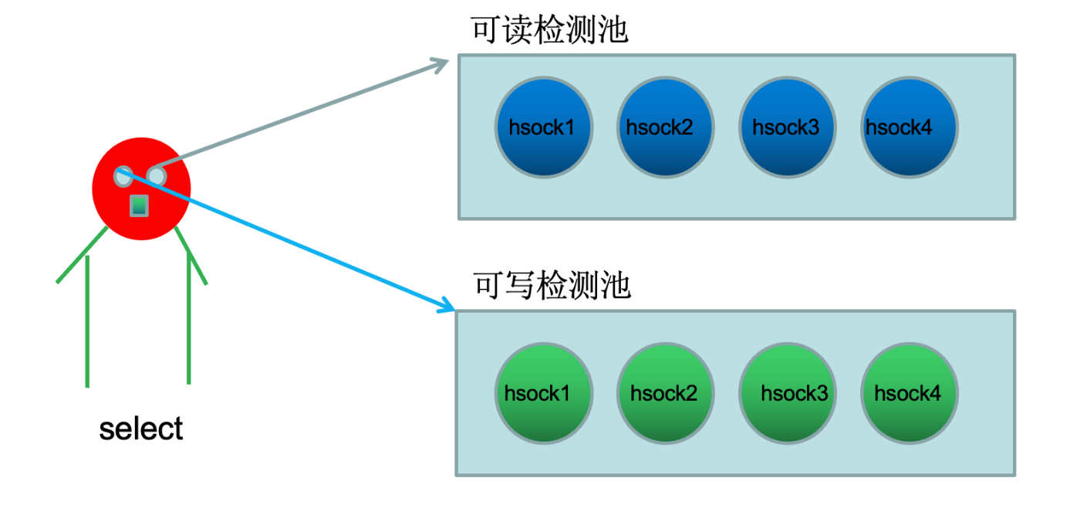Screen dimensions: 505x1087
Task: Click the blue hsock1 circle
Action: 544,127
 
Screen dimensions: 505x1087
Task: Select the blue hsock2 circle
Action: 666,127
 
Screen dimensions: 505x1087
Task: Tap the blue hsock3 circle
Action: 788,127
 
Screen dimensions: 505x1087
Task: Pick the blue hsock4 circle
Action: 909,127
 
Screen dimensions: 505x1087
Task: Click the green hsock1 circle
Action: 544,393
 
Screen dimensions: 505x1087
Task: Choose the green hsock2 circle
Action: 666,393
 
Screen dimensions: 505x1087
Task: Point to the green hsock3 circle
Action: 788,393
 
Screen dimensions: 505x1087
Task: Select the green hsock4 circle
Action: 909,393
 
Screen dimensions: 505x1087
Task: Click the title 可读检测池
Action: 549,31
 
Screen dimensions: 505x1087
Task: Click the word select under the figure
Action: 141,429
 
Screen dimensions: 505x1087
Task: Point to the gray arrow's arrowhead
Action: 442,63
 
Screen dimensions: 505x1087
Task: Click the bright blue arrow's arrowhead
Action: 447,307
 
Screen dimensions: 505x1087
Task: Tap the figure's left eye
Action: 123,176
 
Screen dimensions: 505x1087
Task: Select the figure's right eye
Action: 156,177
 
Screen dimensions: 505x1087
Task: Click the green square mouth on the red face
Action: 139,205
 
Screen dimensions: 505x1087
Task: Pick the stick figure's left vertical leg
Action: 87,320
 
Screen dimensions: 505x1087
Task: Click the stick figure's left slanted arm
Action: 82,256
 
